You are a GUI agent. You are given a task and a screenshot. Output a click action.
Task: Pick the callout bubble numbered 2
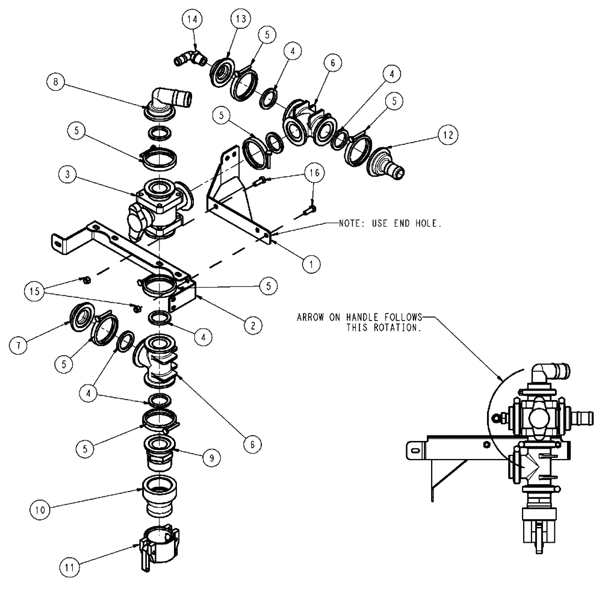tap(253, 325)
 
